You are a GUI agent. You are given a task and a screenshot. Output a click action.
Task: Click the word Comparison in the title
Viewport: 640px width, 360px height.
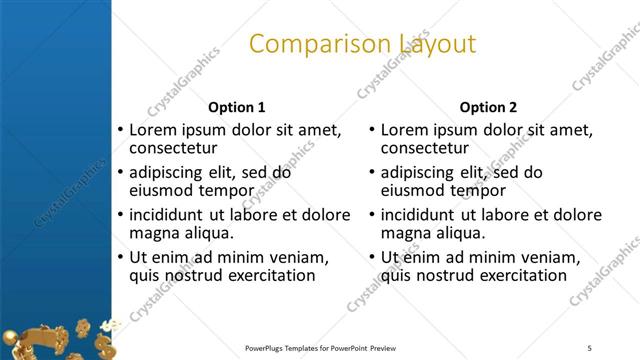coord(306,44)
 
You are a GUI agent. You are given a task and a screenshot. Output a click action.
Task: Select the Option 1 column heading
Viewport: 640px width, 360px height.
coord(236,107)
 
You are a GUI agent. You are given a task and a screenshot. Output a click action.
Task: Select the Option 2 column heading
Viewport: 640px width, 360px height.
coord(488,107)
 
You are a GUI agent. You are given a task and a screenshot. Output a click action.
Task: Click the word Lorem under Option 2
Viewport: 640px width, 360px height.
coord(406,130)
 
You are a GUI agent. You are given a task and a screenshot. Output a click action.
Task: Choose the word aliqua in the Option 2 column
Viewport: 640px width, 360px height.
coord(460,233)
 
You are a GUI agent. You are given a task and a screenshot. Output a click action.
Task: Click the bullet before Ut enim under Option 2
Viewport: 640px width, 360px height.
coord(371,257)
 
